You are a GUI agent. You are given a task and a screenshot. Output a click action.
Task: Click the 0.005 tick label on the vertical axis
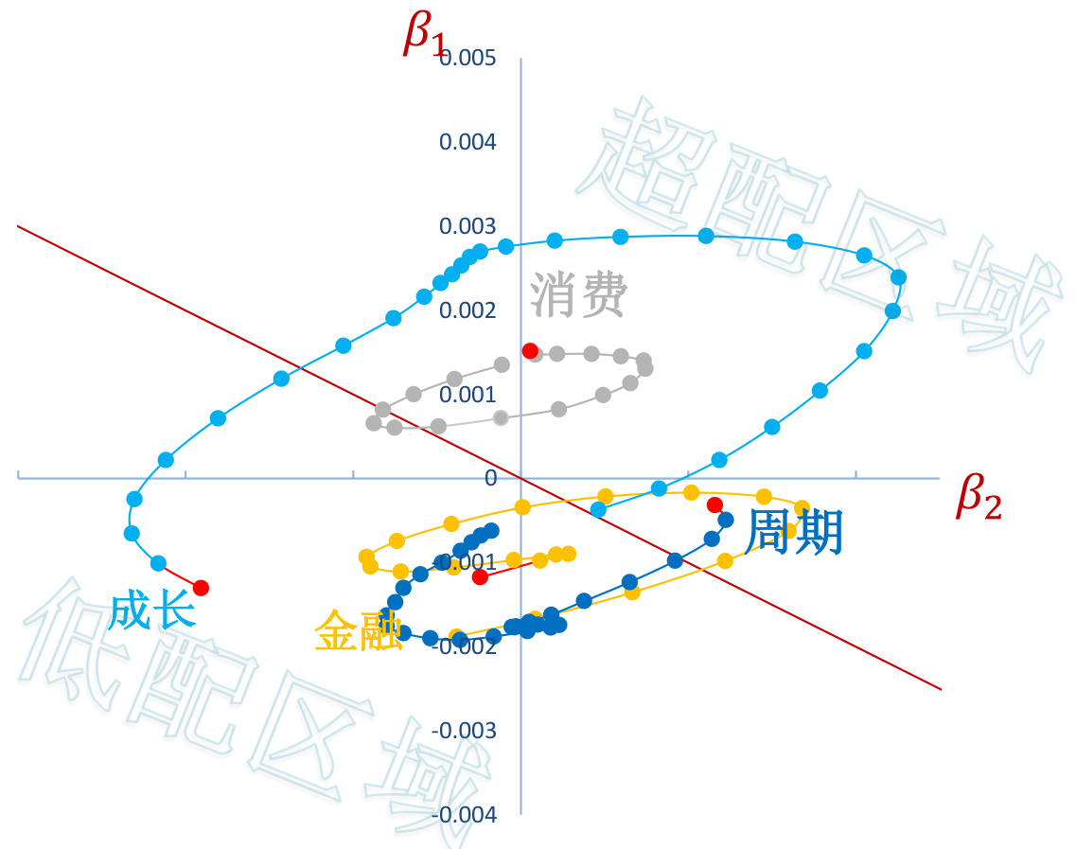(467, 59)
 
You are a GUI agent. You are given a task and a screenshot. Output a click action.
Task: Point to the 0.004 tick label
(467, 142)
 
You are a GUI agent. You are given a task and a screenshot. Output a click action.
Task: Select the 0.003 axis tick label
(467, 226)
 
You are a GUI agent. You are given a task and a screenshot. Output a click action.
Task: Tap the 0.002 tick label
(467, 310)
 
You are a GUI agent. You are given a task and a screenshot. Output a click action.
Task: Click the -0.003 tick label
(463, 731)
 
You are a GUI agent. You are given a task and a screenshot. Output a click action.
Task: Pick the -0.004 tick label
(463, 815)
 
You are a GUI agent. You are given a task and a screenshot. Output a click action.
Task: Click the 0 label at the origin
(490, 479)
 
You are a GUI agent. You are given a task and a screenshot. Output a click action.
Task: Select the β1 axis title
(423, 35)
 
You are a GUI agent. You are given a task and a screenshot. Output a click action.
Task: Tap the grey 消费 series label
(578, 295)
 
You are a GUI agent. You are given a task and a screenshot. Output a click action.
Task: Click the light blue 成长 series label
(152, 610)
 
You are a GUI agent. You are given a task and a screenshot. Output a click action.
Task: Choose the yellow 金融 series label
(358, 629)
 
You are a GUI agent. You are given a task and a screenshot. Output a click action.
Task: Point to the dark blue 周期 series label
(793, 532)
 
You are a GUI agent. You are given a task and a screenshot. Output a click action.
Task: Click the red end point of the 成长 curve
(201, 588)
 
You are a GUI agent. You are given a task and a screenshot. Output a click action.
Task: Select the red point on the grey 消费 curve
(530, 350)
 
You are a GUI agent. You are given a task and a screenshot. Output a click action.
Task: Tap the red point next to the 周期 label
(715, 504)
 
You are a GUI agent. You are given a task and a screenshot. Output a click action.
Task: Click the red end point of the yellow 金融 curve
(480, 576)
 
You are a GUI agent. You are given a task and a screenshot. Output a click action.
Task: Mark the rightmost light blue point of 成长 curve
(898, 277)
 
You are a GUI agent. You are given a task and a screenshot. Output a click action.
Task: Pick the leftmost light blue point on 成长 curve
(132, 532)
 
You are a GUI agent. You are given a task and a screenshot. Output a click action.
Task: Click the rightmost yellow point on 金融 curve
(803, 506)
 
